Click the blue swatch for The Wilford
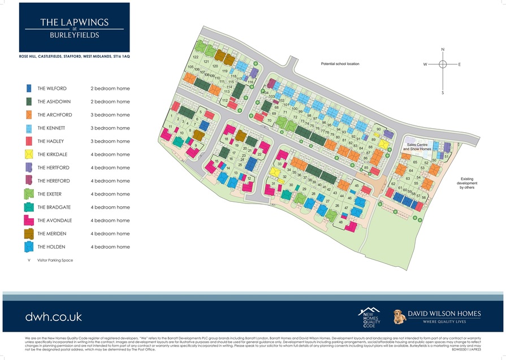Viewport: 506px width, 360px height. click(x=28, y=89)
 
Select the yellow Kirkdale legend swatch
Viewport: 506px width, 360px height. click(x=28, y=154)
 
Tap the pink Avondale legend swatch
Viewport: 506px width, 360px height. click(x=28, y=220)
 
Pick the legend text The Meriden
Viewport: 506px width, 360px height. click(x=52, y=234)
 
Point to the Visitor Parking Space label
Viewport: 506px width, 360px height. click(x=55, y=261)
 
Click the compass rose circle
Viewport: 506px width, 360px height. click(x=443, y=64)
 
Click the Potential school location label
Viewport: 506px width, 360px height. click(x=340, y=64)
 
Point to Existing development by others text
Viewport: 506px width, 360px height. click(x=468, y=183)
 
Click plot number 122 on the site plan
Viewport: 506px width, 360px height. click(x=196, y=58)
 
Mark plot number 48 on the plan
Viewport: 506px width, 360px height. click(x=341, y=222)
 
